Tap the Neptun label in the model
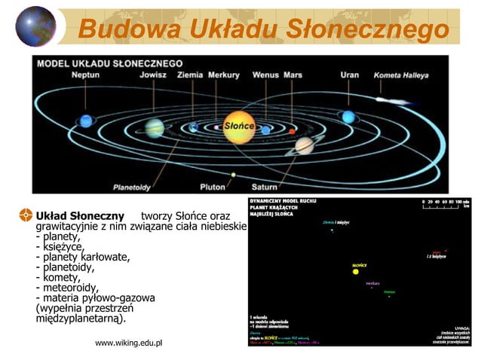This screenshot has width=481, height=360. point(85,75)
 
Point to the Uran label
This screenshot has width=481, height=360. point(349,75)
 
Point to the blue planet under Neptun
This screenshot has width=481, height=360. point(86,121)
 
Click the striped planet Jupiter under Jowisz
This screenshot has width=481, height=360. point(155,127)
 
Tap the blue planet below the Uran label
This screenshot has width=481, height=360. point(348,117)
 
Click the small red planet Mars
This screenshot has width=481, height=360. point(292,131)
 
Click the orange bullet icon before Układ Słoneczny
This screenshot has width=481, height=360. point(25,215)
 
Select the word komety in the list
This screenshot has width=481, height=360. point(58,277)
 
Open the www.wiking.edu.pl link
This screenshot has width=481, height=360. point(129,343)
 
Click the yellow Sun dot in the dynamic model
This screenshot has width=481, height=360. point(356,271)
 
